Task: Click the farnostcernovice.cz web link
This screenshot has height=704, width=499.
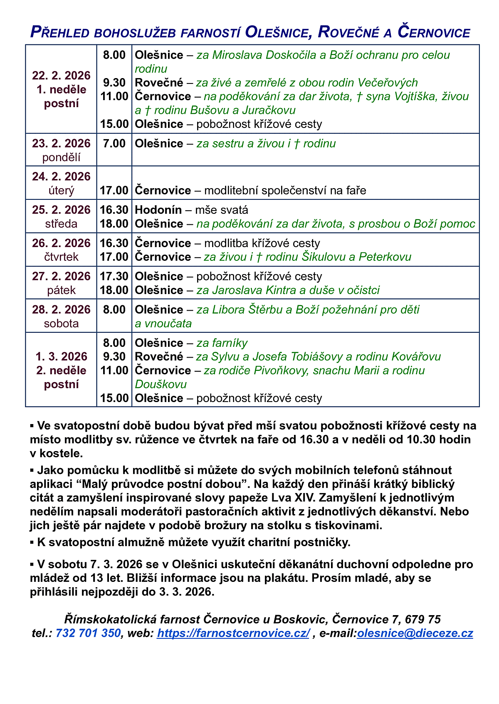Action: [x=233, y=633]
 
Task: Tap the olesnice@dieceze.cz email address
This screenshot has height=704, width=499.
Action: [x=415, y=633]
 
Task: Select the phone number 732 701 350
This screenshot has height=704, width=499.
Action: [x=88, y=633]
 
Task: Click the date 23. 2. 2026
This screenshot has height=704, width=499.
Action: [x=61, y=143]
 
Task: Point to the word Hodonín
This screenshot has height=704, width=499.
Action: [x=158, y=210]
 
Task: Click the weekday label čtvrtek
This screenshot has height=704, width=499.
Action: [x=61, y=257]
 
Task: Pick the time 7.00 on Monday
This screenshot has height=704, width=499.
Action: [x=114, y=143]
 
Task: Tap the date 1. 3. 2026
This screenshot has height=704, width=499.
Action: [x=61, y=356]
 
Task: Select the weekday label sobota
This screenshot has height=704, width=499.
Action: [x=61, y=323]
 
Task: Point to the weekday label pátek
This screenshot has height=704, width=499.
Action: [x=61, y=290]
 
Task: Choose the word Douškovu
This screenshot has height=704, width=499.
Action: [x=161, y=384]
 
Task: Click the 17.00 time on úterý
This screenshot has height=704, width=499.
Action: [x=114, y=190]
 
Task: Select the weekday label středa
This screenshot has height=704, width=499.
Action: [x=61, y=223]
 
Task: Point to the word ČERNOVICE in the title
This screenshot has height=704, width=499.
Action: [x=434, y=32]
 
